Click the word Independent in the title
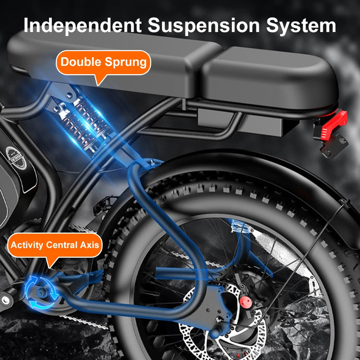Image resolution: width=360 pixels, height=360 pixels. [81, 25]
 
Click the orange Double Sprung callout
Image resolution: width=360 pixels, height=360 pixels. [103, 62]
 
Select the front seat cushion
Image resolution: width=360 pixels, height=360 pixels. [112, 58]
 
